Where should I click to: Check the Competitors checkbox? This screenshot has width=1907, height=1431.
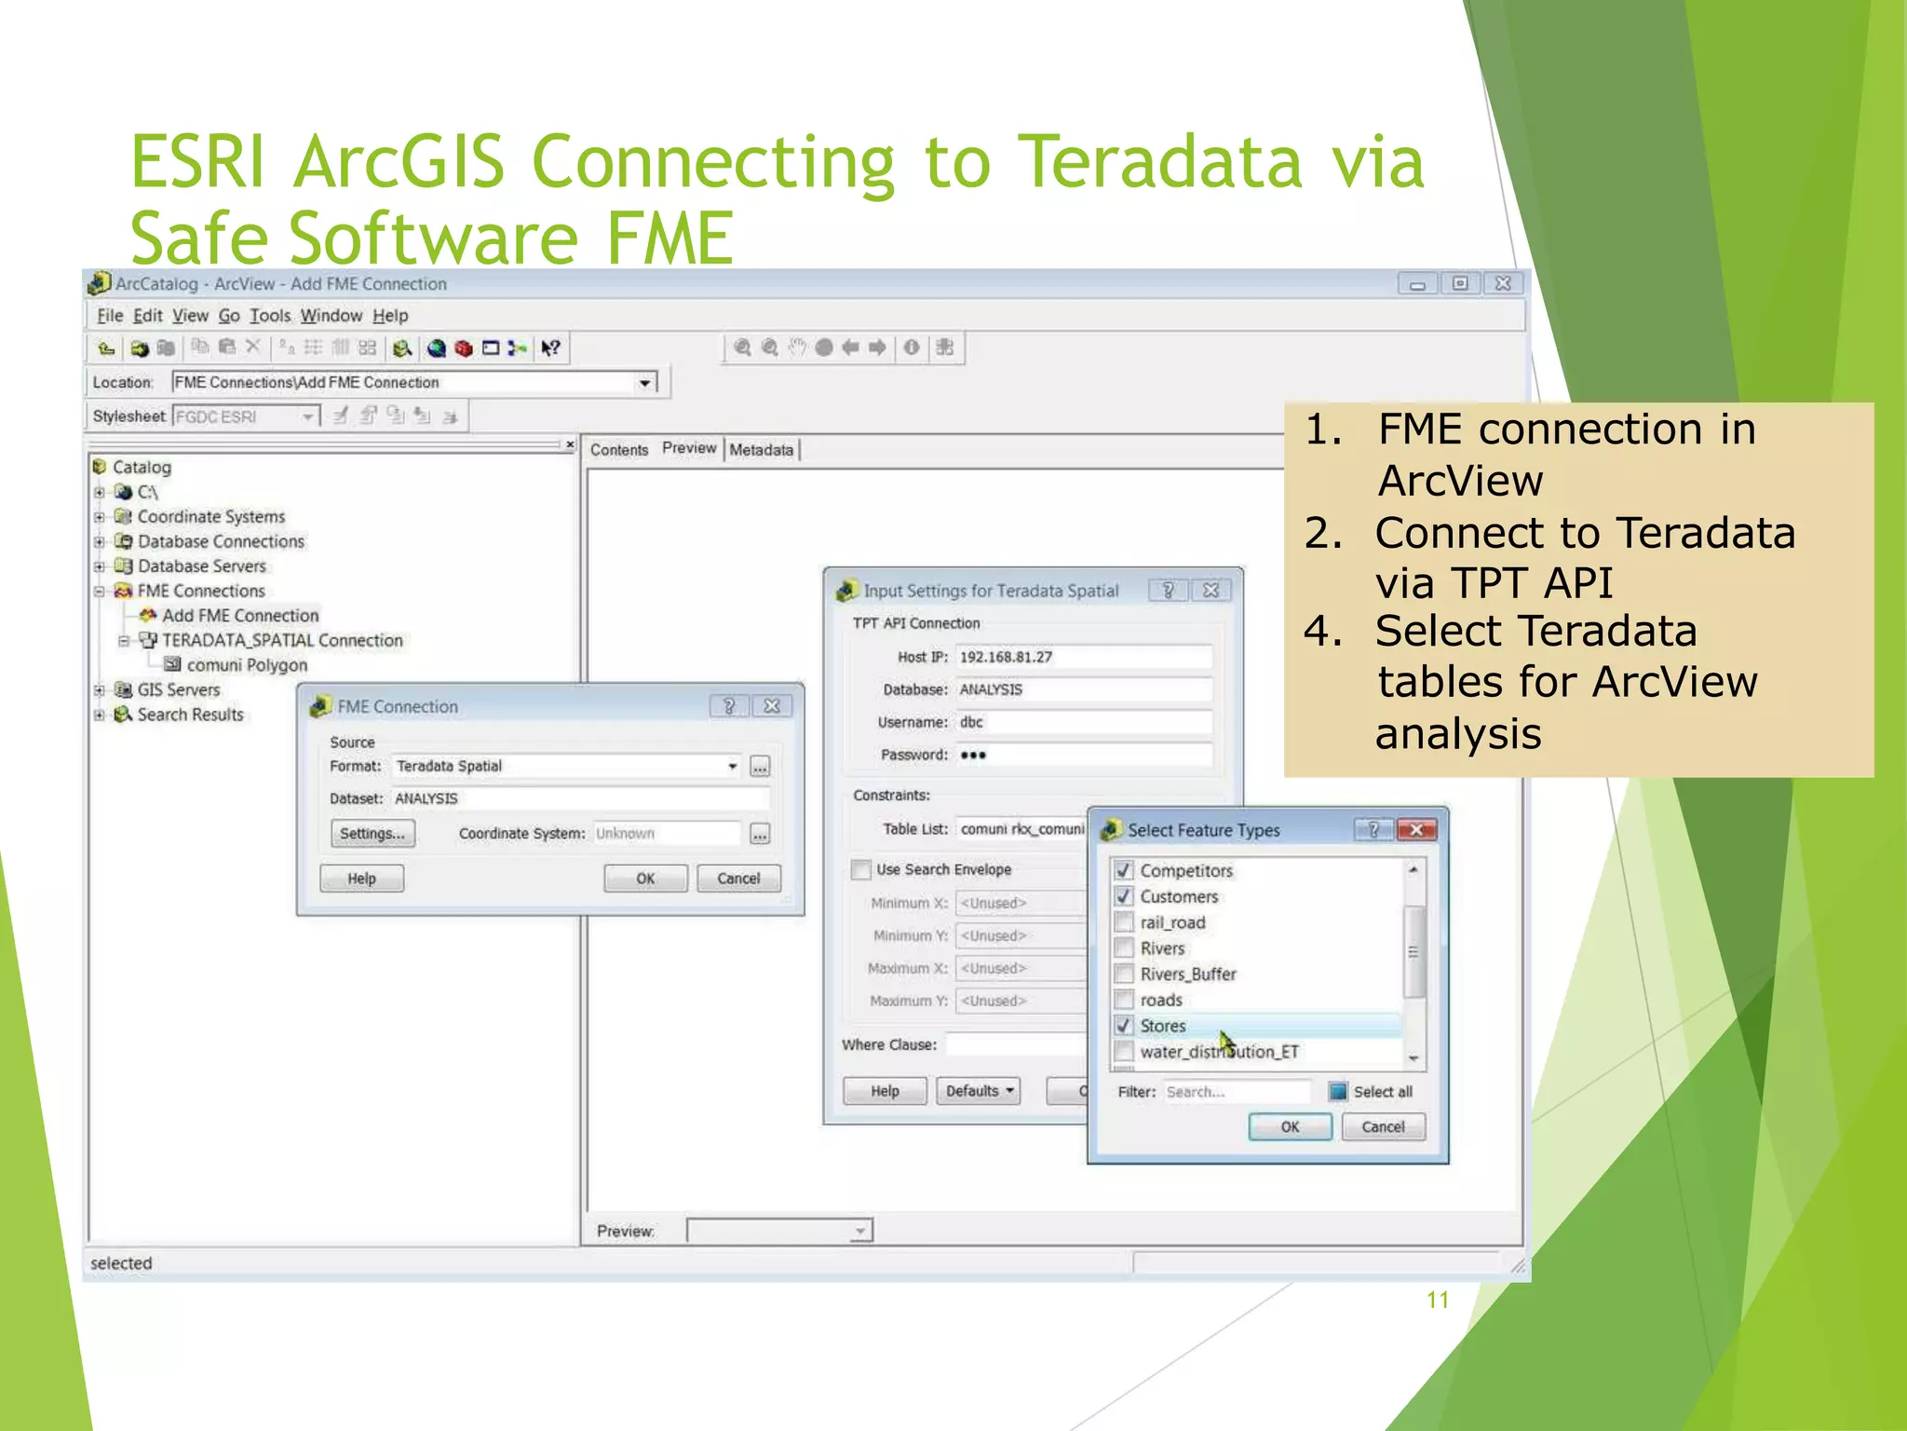pos(1124,870)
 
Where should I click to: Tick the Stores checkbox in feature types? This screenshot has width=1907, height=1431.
pos(1124,1026)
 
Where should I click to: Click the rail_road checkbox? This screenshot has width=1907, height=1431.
pos(1124,922)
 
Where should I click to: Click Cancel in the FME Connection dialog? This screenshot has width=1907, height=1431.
pos(738,879)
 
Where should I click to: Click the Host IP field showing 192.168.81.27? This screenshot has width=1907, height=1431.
pos(1084,657)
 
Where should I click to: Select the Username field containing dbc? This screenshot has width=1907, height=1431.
pos(1084,722)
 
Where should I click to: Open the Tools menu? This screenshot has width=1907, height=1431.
pos(270,316)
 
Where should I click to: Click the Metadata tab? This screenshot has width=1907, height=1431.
pos(761,450)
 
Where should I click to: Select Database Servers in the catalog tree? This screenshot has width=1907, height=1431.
pos(201,566)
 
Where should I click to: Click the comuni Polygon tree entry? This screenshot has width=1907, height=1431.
pos(246,665)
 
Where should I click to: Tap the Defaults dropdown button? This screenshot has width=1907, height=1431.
pos(978,1091)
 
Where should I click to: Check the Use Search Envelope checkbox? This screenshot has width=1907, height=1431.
pos(861,869)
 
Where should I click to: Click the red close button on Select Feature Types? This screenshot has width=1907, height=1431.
pos(1416,829)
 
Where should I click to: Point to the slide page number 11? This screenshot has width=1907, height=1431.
pos(1437,1300)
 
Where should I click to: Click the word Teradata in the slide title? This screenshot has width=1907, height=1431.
pos(1158,162)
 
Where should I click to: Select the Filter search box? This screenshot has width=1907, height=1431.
pos(1236,1092)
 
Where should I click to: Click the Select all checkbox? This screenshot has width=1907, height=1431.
pos(1338,1092)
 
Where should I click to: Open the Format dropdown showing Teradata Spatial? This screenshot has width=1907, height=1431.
pos(732,767)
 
